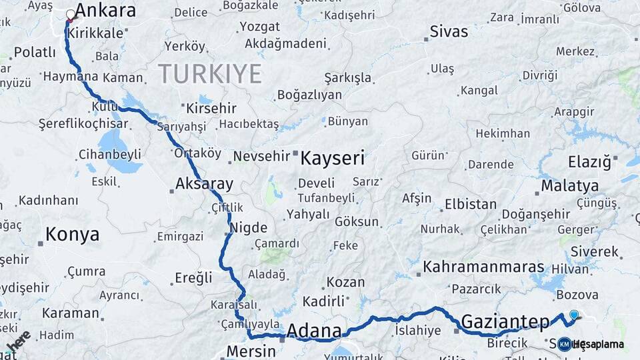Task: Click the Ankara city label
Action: click(x=105, y=11)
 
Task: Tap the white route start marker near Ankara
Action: click(x=71, y=13)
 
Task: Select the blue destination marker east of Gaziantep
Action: click(x=574, y=315)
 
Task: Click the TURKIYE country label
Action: click(x=210, y=74)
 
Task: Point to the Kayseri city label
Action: click(x=333, y=158)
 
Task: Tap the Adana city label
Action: click(x=314, y=331)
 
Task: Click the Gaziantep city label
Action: click(x=505, y=321)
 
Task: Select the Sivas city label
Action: click(x=449, y=31)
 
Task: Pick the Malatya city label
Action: click(x=567, y=185)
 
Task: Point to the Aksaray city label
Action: click(x=204, y=184)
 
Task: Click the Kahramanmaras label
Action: click(x=483, y=267)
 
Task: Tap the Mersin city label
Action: click(x=251, y=351)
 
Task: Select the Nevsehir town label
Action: click(x=261, y=157)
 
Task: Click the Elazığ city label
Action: click(x=589, y=162)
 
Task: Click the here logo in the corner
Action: click(x=18, y=342)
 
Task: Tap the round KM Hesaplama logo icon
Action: click(x=564, y=345)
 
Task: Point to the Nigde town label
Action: click(x=249, y=227)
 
